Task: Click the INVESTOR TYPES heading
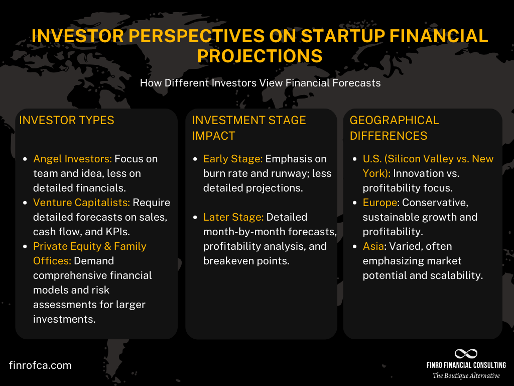pos(67,121)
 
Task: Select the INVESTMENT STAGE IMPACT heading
pos(248,128)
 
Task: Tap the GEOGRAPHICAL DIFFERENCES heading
pos(394,128)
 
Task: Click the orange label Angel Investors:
pos(72,159)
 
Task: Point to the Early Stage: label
pos(232,159)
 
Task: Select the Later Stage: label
pos(233,217)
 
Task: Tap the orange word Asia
pos(373,246)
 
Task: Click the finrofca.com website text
pos(40,365)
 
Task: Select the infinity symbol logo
pos(465,354)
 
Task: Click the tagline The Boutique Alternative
pos(466,375)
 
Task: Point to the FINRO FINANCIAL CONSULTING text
pos(466,365)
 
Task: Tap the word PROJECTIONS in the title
pos(260,56)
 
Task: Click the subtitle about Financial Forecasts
pos(260,83)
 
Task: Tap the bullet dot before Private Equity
pos(26,247)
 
